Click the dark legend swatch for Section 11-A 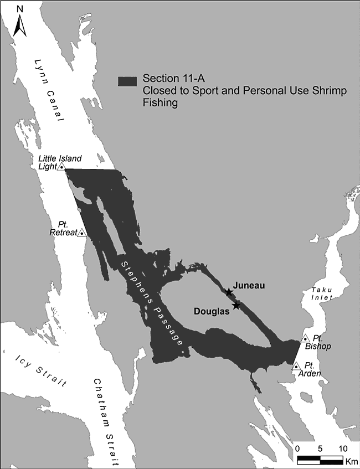[x=127, y=81]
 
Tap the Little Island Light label [x=55, y=162]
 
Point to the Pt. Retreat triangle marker [x=82, y=233]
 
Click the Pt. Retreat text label [x=67, y=229]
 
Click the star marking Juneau [x=229, y=292]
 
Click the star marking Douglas [x=236, y=306]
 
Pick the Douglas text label [x=212, y=311]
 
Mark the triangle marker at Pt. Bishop [x=305, y=338]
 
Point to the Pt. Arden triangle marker [x=296, y=366]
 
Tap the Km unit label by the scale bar [x=351, y=461]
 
